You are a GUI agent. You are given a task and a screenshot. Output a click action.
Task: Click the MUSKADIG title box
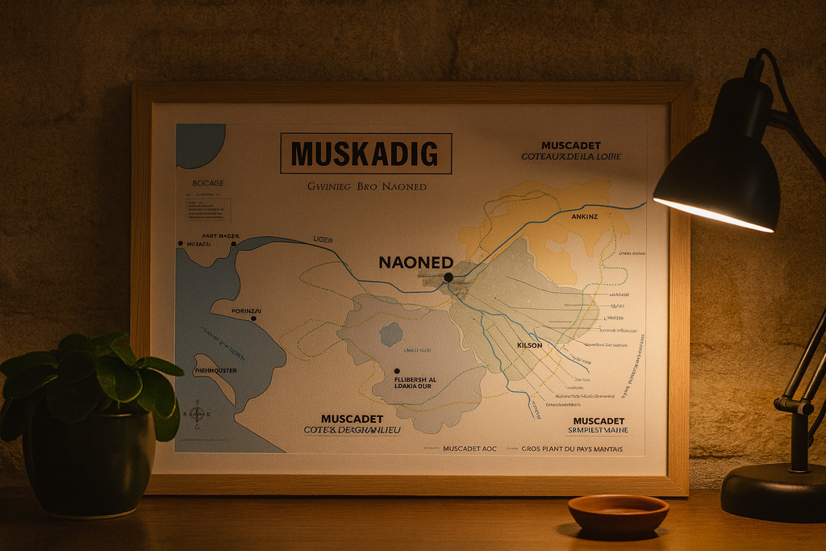tap(365, 153)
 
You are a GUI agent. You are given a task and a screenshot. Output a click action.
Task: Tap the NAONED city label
tap(415, 262)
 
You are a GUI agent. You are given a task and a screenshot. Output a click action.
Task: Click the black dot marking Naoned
tap(448, 277)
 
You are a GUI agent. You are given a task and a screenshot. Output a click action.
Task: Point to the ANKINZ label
tap(585, 216)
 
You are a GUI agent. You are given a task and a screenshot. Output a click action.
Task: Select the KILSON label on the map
tap(529, 345)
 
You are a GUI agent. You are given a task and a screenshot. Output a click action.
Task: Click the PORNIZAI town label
tap(246, 311)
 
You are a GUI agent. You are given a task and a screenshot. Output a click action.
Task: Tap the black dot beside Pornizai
tap(253, 319)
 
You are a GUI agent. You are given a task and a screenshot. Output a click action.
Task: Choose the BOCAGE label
tap(208, 184)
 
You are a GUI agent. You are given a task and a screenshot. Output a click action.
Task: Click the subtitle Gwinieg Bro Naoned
tap(367, 186)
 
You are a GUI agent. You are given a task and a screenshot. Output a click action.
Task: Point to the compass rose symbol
tap(197, 414)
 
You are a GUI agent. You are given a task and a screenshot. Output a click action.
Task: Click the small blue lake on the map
tap(391, 333)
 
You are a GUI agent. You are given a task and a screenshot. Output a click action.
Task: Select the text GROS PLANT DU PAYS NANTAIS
tap(572, 449)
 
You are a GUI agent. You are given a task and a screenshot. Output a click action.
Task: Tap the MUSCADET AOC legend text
tap(469, 449)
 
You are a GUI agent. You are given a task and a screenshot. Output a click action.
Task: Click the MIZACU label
tap(198, 243)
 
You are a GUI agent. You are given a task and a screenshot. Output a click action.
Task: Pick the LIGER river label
tap(322, 240)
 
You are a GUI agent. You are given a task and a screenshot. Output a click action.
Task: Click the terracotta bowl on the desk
tap(618, 514)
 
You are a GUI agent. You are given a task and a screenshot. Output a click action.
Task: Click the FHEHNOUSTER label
tap(216, 371)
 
